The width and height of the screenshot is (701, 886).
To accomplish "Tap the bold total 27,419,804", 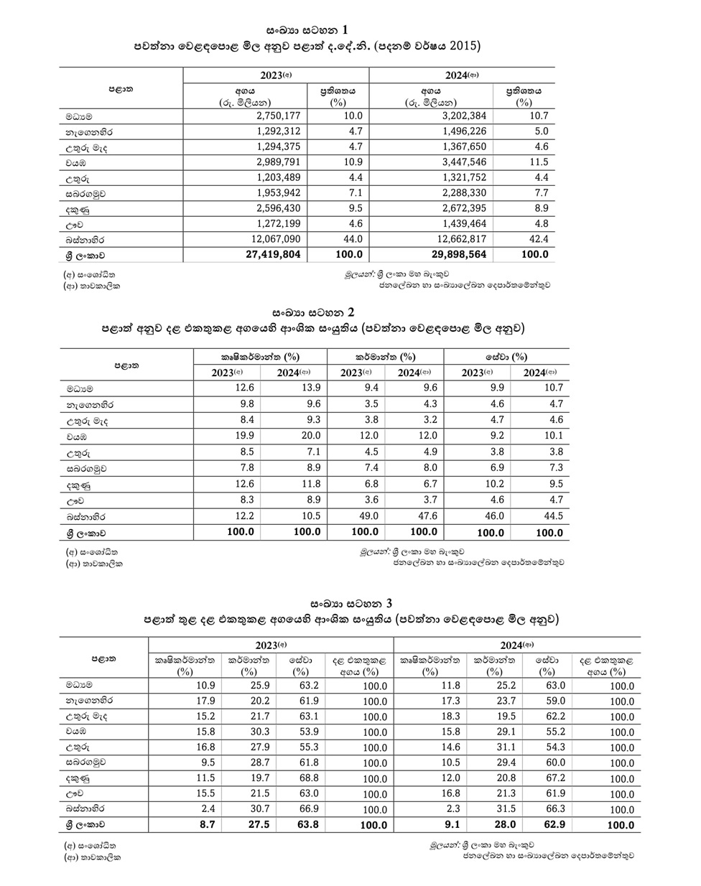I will [274, 255].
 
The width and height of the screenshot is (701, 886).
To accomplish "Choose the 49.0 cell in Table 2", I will [364, 516].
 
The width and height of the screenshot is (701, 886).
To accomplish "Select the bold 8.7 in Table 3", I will [207, 824].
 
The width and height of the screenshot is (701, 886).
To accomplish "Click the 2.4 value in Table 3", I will [208, 808].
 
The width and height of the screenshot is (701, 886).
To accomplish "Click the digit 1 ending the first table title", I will [345, 30].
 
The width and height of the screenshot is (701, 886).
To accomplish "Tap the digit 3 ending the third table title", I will [388, 602].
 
